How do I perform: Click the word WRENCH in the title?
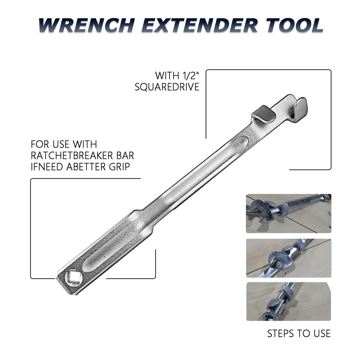pyautogui.click(x=87, y=25)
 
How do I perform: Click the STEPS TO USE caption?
pyautogui.click(x=299, y=333)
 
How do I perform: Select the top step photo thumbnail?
pyautogui.click(x=288, y=213)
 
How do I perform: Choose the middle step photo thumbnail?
pyautogui.click(x=288, y=258)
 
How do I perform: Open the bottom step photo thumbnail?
pyautogui.click(x=288, y=302)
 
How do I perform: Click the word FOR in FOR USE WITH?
pyautogui.click(x=39, y=144)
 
